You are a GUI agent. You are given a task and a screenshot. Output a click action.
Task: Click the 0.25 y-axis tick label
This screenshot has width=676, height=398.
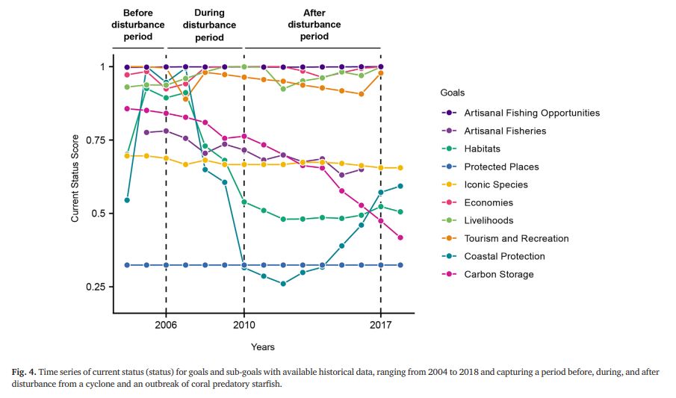96,287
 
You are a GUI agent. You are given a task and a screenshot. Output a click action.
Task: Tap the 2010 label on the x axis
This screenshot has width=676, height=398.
244,325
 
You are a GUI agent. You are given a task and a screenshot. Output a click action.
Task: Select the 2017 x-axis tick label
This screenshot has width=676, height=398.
381,325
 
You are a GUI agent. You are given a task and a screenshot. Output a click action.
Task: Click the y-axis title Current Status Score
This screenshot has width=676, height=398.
75,178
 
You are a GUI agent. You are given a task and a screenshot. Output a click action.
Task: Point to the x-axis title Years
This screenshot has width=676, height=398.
262,347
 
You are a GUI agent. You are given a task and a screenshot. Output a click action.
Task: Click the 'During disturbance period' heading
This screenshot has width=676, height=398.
209,25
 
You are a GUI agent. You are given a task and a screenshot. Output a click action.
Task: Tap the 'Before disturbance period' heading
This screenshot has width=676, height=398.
138,25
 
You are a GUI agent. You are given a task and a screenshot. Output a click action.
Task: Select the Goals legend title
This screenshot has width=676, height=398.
452,93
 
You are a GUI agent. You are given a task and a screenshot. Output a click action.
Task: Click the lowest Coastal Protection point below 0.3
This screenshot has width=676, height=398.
283,284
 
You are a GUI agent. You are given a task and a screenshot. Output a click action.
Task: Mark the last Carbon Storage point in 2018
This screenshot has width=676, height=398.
400,237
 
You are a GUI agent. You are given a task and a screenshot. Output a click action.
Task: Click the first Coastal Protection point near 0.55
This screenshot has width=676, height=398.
127,200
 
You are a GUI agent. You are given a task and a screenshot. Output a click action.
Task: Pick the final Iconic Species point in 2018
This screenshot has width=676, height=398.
400,168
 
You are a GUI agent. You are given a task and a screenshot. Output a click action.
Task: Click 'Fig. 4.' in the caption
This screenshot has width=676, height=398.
24,372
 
